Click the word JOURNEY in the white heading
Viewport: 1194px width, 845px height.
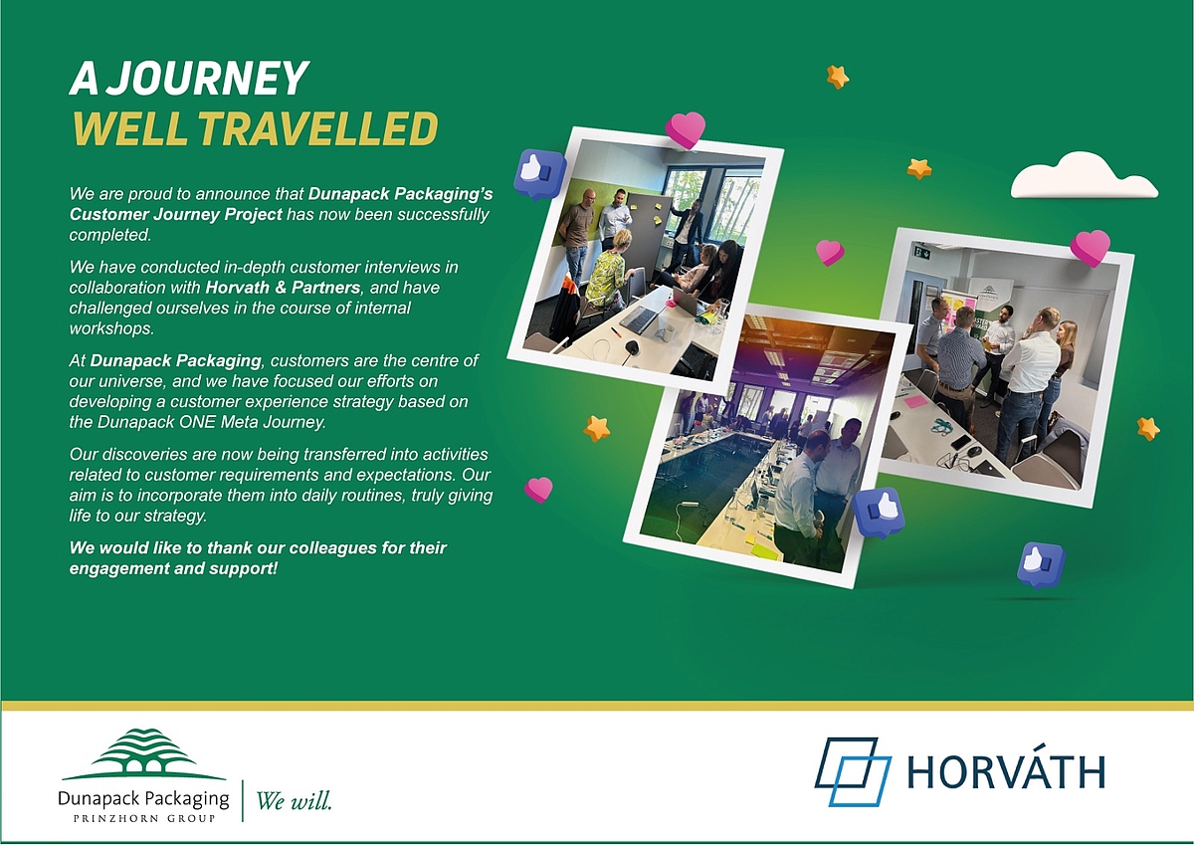point(210,78)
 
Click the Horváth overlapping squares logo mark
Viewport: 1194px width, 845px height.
point(853,771)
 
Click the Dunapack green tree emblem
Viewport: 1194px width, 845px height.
point(144,753)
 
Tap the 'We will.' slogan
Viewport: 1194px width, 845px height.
point(295,801)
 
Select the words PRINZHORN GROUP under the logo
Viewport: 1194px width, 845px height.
point(144,818)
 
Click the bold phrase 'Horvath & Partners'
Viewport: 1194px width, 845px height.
point(283,288)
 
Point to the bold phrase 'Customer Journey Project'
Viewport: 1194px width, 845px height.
point(176,214)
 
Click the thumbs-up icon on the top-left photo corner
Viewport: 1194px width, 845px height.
point(539,174)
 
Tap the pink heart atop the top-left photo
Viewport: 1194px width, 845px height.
point(685,129)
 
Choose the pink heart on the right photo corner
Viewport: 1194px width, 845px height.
point(1091,248)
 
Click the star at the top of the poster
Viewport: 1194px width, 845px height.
point(838,77)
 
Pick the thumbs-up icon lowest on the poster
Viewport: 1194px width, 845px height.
point(1040,565)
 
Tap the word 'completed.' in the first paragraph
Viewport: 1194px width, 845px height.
point(110,235)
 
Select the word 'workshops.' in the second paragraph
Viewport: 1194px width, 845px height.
point(111,328)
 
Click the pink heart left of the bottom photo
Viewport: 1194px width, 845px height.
point(538,490)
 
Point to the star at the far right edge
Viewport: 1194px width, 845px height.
point(1147,429)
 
